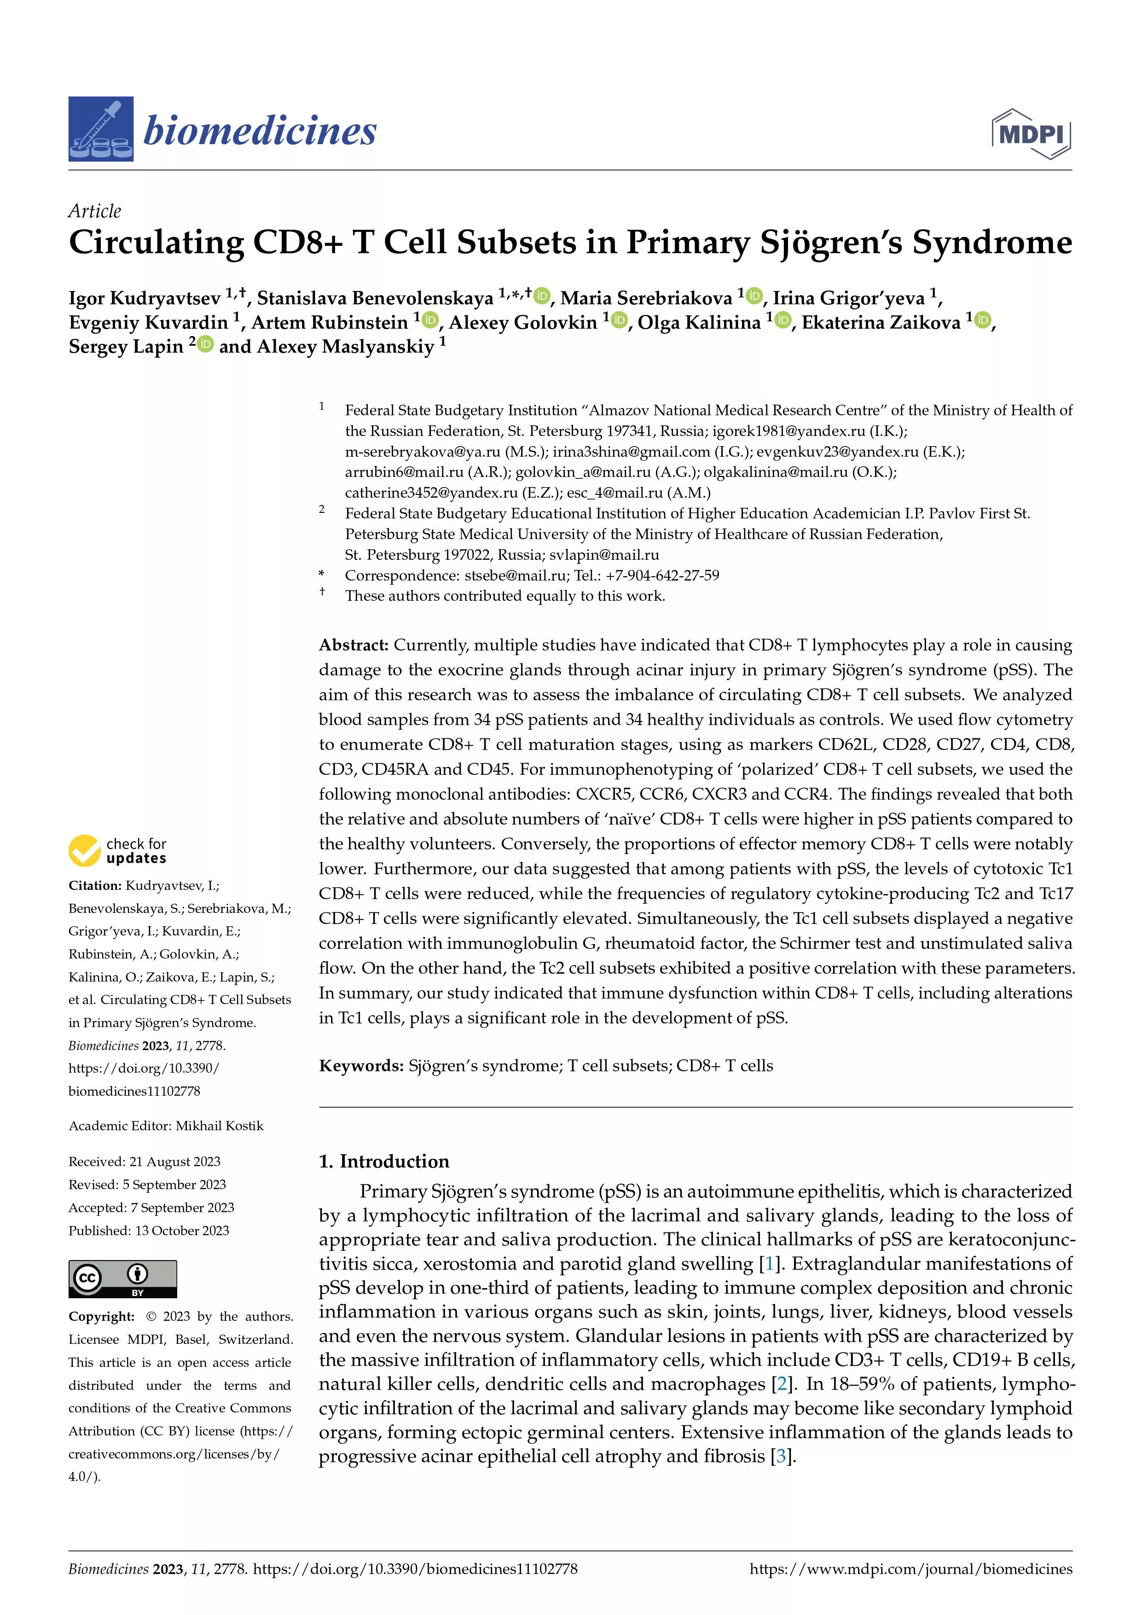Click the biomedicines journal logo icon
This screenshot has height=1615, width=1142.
(x=100, y=129)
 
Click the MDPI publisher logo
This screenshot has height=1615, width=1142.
(x=1031, y=133)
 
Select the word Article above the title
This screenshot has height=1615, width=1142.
(x=94, y=211)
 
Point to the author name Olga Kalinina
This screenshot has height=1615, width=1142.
(x=699, y=322)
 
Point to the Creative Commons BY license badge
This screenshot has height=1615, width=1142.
(x=122, y=1279)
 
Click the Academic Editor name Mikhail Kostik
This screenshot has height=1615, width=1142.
(x=220, y=1126)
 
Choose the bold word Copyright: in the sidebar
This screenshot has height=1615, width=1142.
(x=101, y=1317)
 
